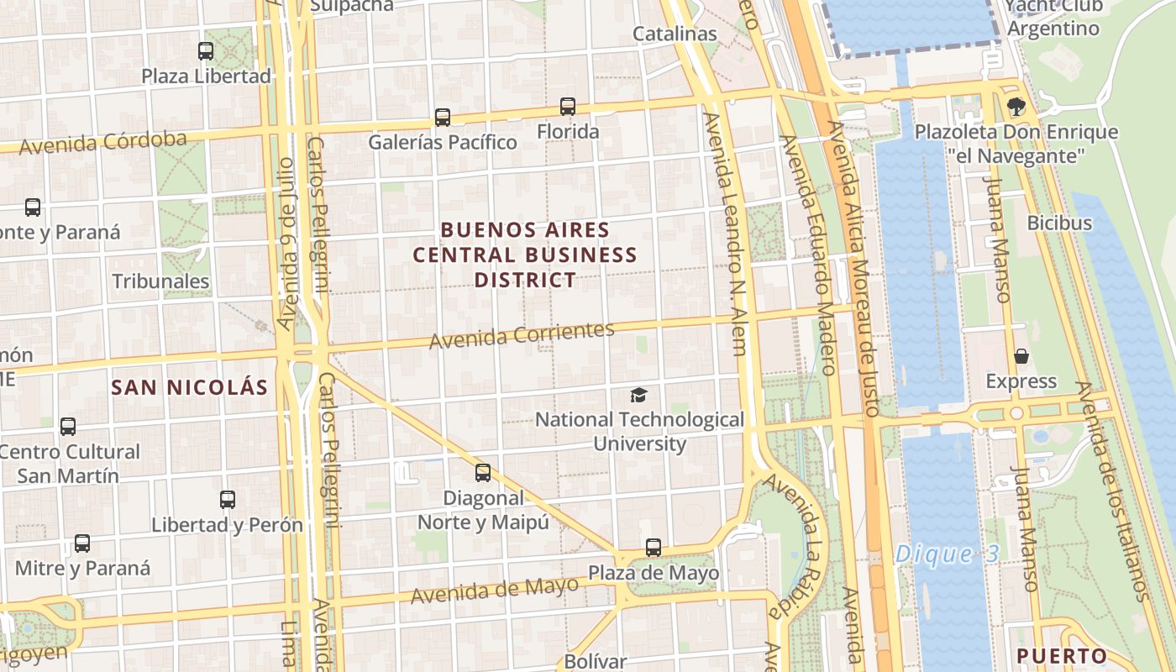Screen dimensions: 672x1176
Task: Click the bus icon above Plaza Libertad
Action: (x=206, y=50)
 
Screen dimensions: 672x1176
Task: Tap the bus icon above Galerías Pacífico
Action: (x=443, y=118)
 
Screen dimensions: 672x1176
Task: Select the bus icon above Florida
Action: (x=568, y=107)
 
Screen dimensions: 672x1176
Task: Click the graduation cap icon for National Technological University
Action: (x=639, y=395)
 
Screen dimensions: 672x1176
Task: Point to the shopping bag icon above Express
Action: (x=1021, y=356)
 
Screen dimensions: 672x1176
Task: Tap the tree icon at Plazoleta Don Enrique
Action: (x=1016, y=107)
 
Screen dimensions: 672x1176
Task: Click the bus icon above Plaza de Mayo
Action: (x=654, y=548)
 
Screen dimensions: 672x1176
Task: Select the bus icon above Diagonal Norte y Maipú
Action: (x=483, y=472)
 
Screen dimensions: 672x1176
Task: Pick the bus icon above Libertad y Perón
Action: (x=228, y=500)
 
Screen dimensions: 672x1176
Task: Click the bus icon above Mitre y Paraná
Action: (x=82, y=543)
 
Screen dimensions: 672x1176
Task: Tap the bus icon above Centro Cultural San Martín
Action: (x=68, y=427)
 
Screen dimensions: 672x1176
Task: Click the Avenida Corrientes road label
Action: (x=522, y=335)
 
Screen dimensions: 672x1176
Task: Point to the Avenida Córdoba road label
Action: (x=102, y=142)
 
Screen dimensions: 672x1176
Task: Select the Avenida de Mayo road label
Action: (x=495, y=590)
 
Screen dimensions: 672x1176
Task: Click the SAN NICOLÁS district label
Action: (x=190, y=387)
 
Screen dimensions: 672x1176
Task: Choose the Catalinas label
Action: (x=675, y=34)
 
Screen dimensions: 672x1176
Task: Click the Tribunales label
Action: (x=160, y=281)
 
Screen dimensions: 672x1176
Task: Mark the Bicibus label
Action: (x=1059, y=223)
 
